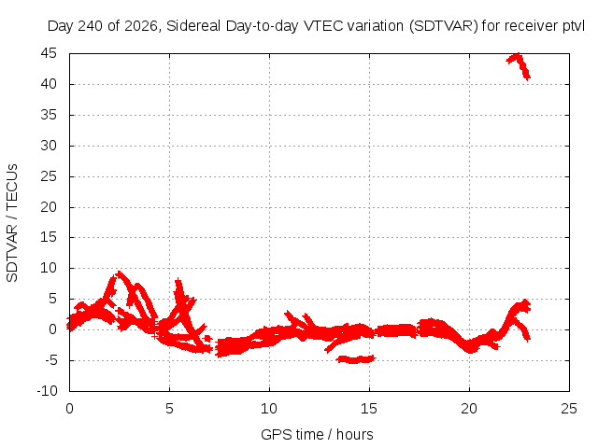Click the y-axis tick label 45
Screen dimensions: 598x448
tap(49, 53)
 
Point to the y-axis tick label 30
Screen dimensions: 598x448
tap(49, 146)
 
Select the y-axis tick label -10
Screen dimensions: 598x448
tap(47, 391)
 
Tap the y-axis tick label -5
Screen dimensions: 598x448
tap(50, 360)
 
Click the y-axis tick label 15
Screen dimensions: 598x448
tap(49, 237)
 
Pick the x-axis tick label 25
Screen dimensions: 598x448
tap(569, 409)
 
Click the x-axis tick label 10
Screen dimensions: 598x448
tap(269, 409)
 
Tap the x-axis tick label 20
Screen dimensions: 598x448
tap(469, 409)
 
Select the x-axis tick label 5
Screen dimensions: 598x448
tap(169, 409)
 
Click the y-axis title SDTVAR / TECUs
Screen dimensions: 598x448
tap(12, 223)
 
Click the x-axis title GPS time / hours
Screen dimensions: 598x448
tap(317, 434)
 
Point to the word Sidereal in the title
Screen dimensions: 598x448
tap(193, 26)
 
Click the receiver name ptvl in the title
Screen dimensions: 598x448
tap(574, 26)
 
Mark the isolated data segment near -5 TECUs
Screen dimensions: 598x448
tap(356, 359)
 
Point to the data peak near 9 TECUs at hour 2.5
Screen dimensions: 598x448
tap(120, 273)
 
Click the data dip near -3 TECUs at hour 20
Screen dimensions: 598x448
tap(471, 348)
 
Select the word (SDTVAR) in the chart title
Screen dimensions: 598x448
tap(444, 26)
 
